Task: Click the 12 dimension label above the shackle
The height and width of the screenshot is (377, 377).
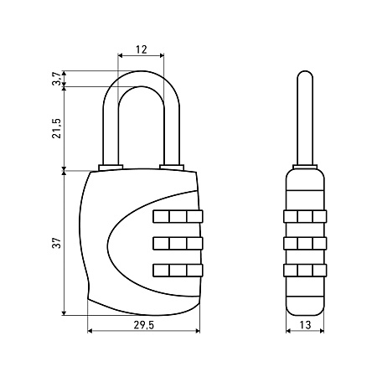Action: tap(142, 49)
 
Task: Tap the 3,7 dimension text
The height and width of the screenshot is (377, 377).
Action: tap(57, 79)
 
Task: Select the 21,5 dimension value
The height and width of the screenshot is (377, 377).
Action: tap(57, 128)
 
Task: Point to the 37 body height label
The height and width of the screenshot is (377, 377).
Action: tap(57, 243)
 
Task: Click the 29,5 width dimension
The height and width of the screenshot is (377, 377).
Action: tap(143, 325)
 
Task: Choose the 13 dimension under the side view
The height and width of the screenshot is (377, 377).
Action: tap(305, 325)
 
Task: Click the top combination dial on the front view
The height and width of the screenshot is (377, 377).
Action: tap(178, 216)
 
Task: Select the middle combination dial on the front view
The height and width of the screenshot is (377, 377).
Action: tap(178, 243)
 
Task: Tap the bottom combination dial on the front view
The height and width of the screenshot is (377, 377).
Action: tap(178, 271)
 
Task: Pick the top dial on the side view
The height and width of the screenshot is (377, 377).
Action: tap(305, 216)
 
